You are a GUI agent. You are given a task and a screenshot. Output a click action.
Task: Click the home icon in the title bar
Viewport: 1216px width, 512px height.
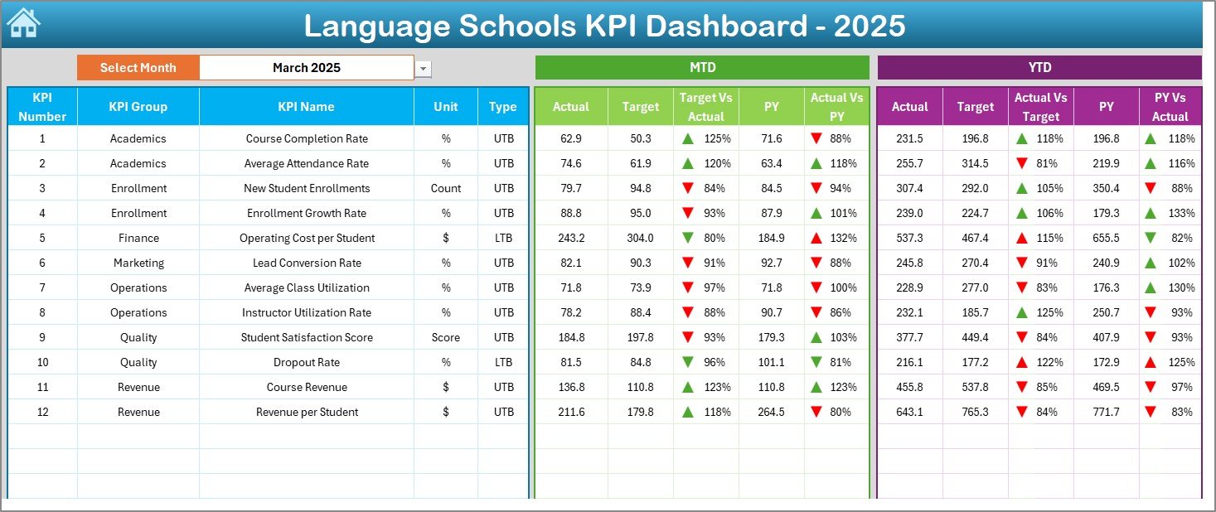pyautogui.click(x=23, y=23)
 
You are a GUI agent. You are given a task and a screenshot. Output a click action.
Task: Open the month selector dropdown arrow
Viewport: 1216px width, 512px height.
pyautogui.click(x=424, y=69)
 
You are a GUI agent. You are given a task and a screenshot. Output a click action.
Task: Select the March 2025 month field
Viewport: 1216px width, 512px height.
pyautogui.click(x=307, y=68)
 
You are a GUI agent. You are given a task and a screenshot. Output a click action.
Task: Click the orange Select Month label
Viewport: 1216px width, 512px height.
pyautogui.click(x=138, y=68)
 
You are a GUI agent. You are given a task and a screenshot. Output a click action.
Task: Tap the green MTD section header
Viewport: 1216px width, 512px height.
pyautogui.click(x=702, y=67)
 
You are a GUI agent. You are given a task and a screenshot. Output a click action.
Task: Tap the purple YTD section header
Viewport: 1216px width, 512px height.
pyautogui.click(x=1039, y=67)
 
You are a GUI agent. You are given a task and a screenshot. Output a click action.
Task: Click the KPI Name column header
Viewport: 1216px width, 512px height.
pyautogui.click(x=307, y=106)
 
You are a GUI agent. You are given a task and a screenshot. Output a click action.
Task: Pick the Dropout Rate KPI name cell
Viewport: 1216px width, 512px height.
pyautogui.click(x=307, y=362)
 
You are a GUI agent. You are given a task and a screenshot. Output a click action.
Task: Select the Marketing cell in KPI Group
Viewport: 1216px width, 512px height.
pyautogui.click(x=138, y=263)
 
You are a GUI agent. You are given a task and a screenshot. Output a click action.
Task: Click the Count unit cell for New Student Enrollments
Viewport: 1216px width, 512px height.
pyautogui.click(x=446, y=188)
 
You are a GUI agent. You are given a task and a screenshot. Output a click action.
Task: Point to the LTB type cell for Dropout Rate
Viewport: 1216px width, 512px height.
pyautogui.click(x=503, y=362)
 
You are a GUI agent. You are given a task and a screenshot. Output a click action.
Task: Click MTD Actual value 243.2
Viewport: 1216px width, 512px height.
pyautogui.click(x=571, y=238)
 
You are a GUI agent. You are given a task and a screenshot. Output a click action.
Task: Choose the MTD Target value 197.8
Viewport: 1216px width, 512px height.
pyautogui.click(x=641, y=337)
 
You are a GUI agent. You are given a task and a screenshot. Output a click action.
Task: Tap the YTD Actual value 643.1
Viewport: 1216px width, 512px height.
pyautogui.click(x=909, y=412)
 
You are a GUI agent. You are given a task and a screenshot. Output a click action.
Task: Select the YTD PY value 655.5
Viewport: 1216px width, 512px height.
pyautogui.click(x=1106, y=238)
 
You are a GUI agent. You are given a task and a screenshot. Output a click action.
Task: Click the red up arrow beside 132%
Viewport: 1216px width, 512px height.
pyautogui.click(x=816, y=238)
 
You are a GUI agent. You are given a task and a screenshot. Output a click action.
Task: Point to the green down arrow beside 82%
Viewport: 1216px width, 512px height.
pyautogui.click(x=1150, y=238)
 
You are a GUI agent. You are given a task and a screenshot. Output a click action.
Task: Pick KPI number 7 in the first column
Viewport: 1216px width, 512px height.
pyautogui.click(x=42, y=287)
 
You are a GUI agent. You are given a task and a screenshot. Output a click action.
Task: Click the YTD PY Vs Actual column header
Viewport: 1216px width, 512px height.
pyautogui.click(x=1170, y=107)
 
